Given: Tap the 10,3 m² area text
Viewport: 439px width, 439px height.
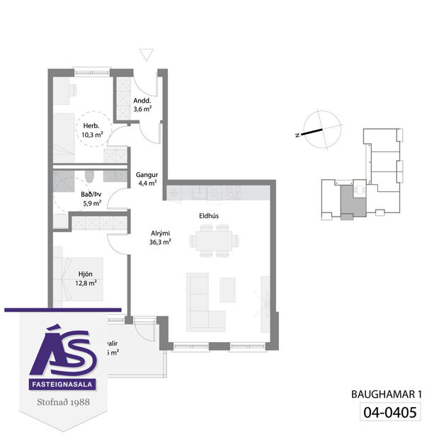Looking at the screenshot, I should pos(90,134).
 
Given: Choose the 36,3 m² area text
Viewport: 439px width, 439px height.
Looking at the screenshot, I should pos(161,241).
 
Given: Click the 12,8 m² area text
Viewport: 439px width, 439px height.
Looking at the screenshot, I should pos(85,282).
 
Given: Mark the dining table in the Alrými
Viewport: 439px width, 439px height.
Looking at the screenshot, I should pos(213,241).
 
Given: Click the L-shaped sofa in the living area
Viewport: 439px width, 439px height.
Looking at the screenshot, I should pos(205,303).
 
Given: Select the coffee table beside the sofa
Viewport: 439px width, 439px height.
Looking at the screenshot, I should pos(228,289).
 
